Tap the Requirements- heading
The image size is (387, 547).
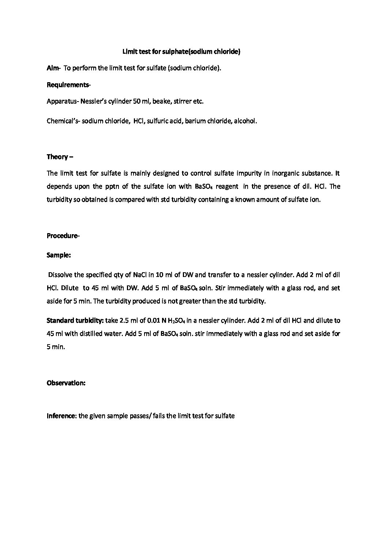coord(69,85)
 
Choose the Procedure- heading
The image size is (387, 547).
coord(63,236)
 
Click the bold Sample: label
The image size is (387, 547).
coord(59,255)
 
